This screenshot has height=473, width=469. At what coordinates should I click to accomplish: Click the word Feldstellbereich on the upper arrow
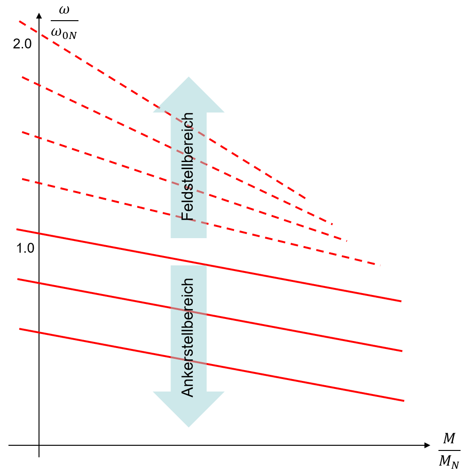click(188, 166)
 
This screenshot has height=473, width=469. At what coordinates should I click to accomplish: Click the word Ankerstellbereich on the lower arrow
click(188, 337)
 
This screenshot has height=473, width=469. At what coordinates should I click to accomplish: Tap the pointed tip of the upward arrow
click(188, 78)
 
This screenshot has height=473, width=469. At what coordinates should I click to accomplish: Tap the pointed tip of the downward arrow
click(188, 426)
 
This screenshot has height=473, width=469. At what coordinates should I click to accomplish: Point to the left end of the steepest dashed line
click(20, 22)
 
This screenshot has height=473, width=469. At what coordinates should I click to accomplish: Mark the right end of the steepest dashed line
click(306, 199)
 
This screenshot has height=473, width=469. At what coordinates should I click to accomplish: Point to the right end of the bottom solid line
click(404, 401)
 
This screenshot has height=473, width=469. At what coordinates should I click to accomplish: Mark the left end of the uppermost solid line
click(17, 229)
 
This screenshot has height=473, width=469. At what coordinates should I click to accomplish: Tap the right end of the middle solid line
click(402, 351)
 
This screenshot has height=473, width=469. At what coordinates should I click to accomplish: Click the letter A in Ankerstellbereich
click(188, 392)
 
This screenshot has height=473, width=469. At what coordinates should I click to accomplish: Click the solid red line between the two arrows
click(188, 261)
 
